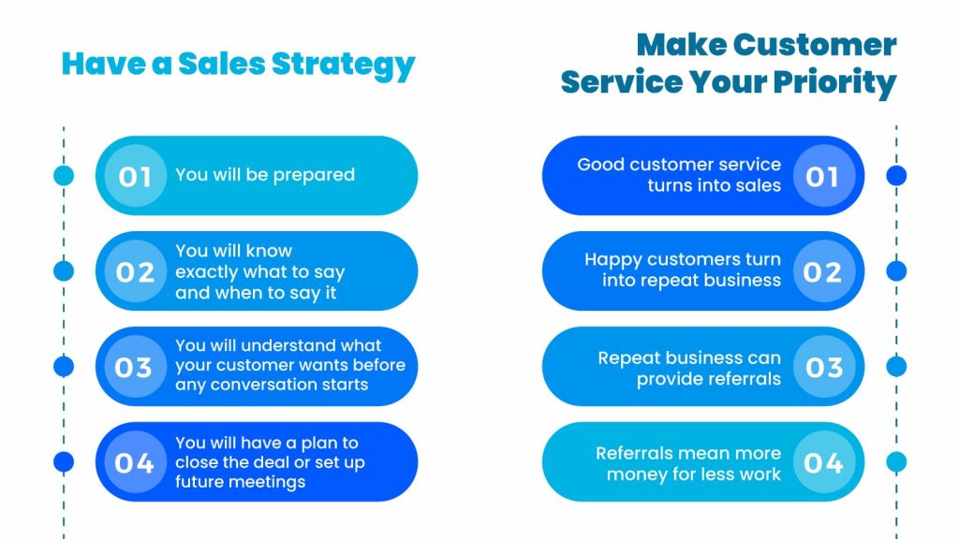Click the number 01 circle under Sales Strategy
[135, 176]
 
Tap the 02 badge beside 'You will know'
[135, 271]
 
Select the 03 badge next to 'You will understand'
[135, 367]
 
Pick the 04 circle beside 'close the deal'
[135, 462]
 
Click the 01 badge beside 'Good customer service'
[824, 176]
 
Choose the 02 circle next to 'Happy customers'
[824, 271]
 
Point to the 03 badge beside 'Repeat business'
[824, 367]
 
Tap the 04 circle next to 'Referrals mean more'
[824, 462]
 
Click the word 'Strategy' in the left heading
[343, 66]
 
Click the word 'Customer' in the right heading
[815, 45]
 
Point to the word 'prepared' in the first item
[314, 175]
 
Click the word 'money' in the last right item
[632, 474]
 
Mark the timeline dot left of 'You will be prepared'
[64, 175]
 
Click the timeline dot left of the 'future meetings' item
[64, 462]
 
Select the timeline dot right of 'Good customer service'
[896, 175]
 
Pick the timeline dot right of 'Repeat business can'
[896, 367]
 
